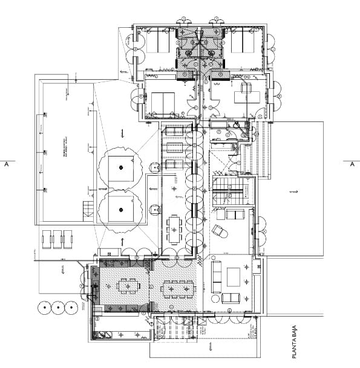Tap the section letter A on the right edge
pyautogui.click(x=352, y=164)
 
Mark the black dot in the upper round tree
pyautogui.click(x=121, y=167)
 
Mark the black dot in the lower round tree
pyautogui.click(x=121, y=210)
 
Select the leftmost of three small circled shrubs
pyautogui.click(x=44, y=308)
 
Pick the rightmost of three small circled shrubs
pyautogui.click(x=72, y=308)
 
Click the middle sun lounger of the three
pyautogui.click(x=58, y=239)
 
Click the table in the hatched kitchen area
pyautogui.click(x=128, y=285)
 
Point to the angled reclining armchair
pyautogui.click(x=220, y=231)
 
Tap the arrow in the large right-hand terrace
pyautogui.click(x=294, y=192)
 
